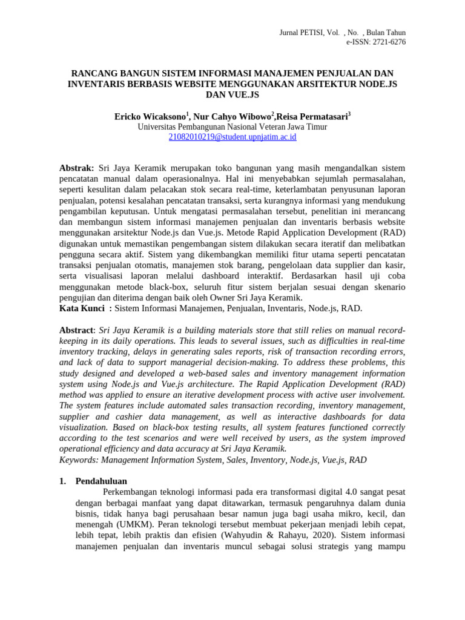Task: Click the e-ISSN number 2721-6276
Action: pyautogui.click(x=385, y=42)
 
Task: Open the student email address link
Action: pyautogui.click(x=232, y=137)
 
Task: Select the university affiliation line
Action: pyautogui.click(x=232, y=127)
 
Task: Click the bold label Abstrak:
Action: pyautogui.click(x=76, y=167)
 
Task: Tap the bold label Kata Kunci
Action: pyautogui.click(x=81, y=308)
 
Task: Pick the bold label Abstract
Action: pyautogui.click(x=77, y=330)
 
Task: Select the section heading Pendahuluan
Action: pyautogui.click(x=101, y=481)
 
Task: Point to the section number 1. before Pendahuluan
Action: pyautogui.click(x=63, y=481)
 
